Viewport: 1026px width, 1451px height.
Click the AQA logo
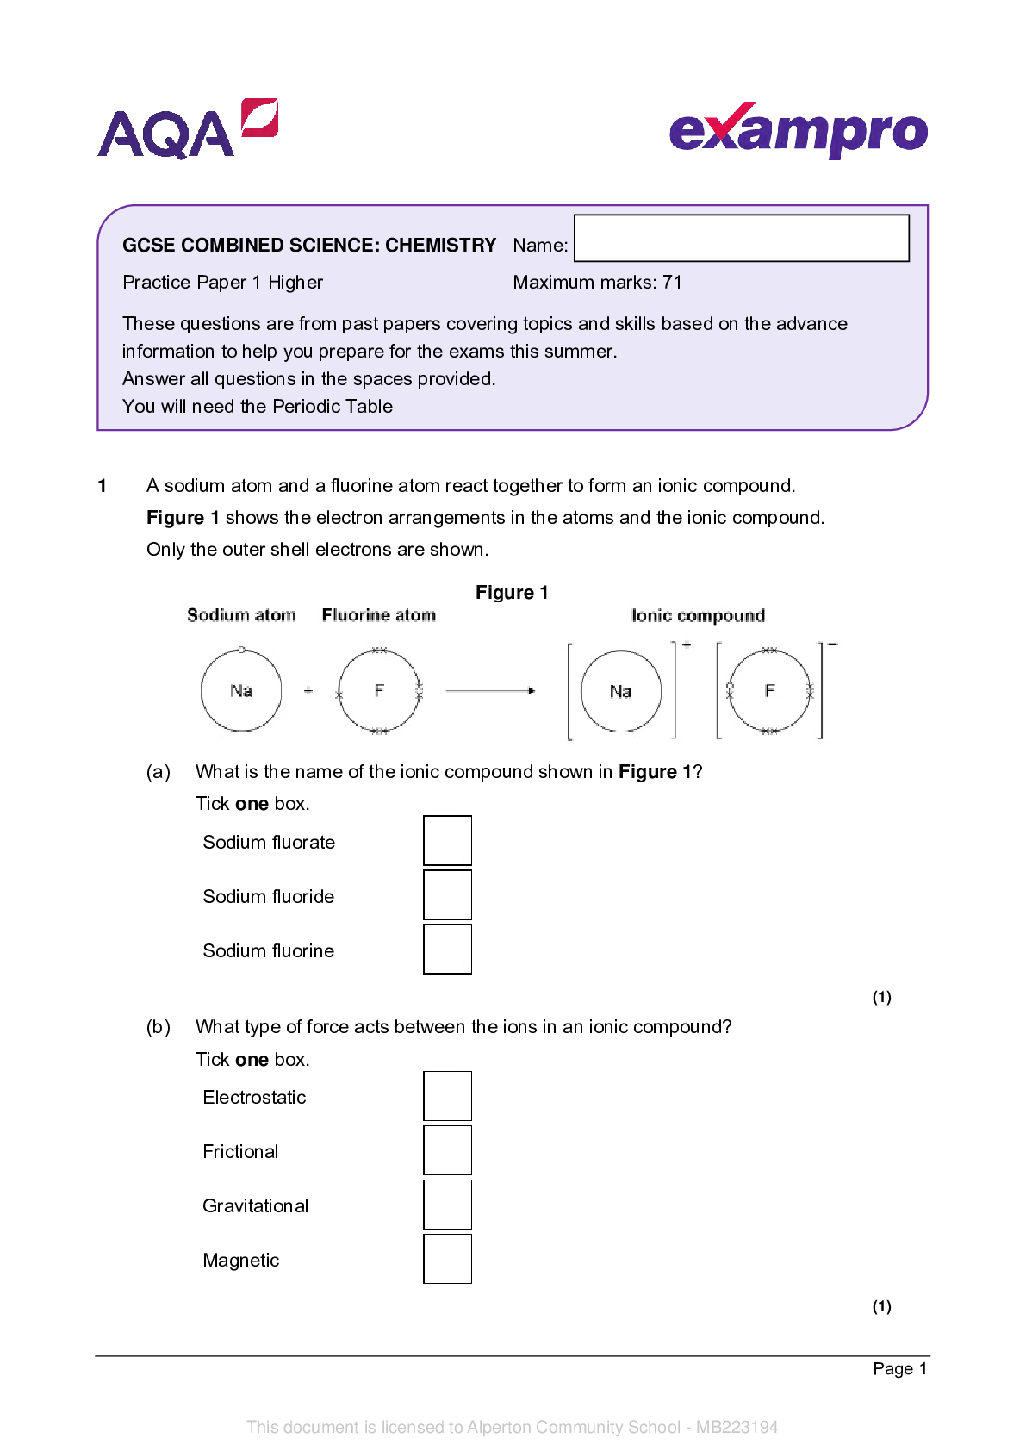tap(187, 131)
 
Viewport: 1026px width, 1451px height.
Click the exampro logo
tap(798, 131)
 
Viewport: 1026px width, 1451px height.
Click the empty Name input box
tap(741, 238)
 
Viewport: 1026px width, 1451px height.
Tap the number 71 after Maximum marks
tap(672, 283)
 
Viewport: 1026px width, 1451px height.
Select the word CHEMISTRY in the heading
tap(440, 246)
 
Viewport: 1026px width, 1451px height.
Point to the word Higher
tap(295, 283)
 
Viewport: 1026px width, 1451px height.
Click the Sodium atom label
tap(241, 615)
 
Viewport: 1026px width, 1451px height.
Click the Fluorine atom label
tap(379, 615)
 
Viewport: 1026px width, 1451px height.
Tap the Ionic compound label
tap(698, 616)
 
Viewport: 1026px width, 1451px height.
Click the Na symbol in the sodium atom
tap(241, 691)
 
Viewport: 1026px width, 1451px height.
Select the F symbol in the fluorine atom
tap(379, 691)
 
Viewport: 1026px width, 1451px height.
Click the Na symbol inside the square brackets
tap(620, 692)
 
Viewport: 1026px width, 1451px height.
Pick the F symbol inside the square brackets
tap(769, 691)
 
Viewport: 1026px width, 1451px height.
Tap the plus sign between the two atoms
tap(308, 691)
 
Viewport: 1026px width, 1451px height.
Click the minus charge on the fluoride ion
tap(832, 645)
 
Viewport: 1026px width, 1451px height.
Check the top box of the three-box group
tap(448, 840)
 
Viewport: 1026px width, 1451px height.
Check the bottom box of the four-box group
tap(448, 1259)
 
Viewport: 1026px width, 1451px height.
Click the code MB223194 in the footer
tap(737, 1427)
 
